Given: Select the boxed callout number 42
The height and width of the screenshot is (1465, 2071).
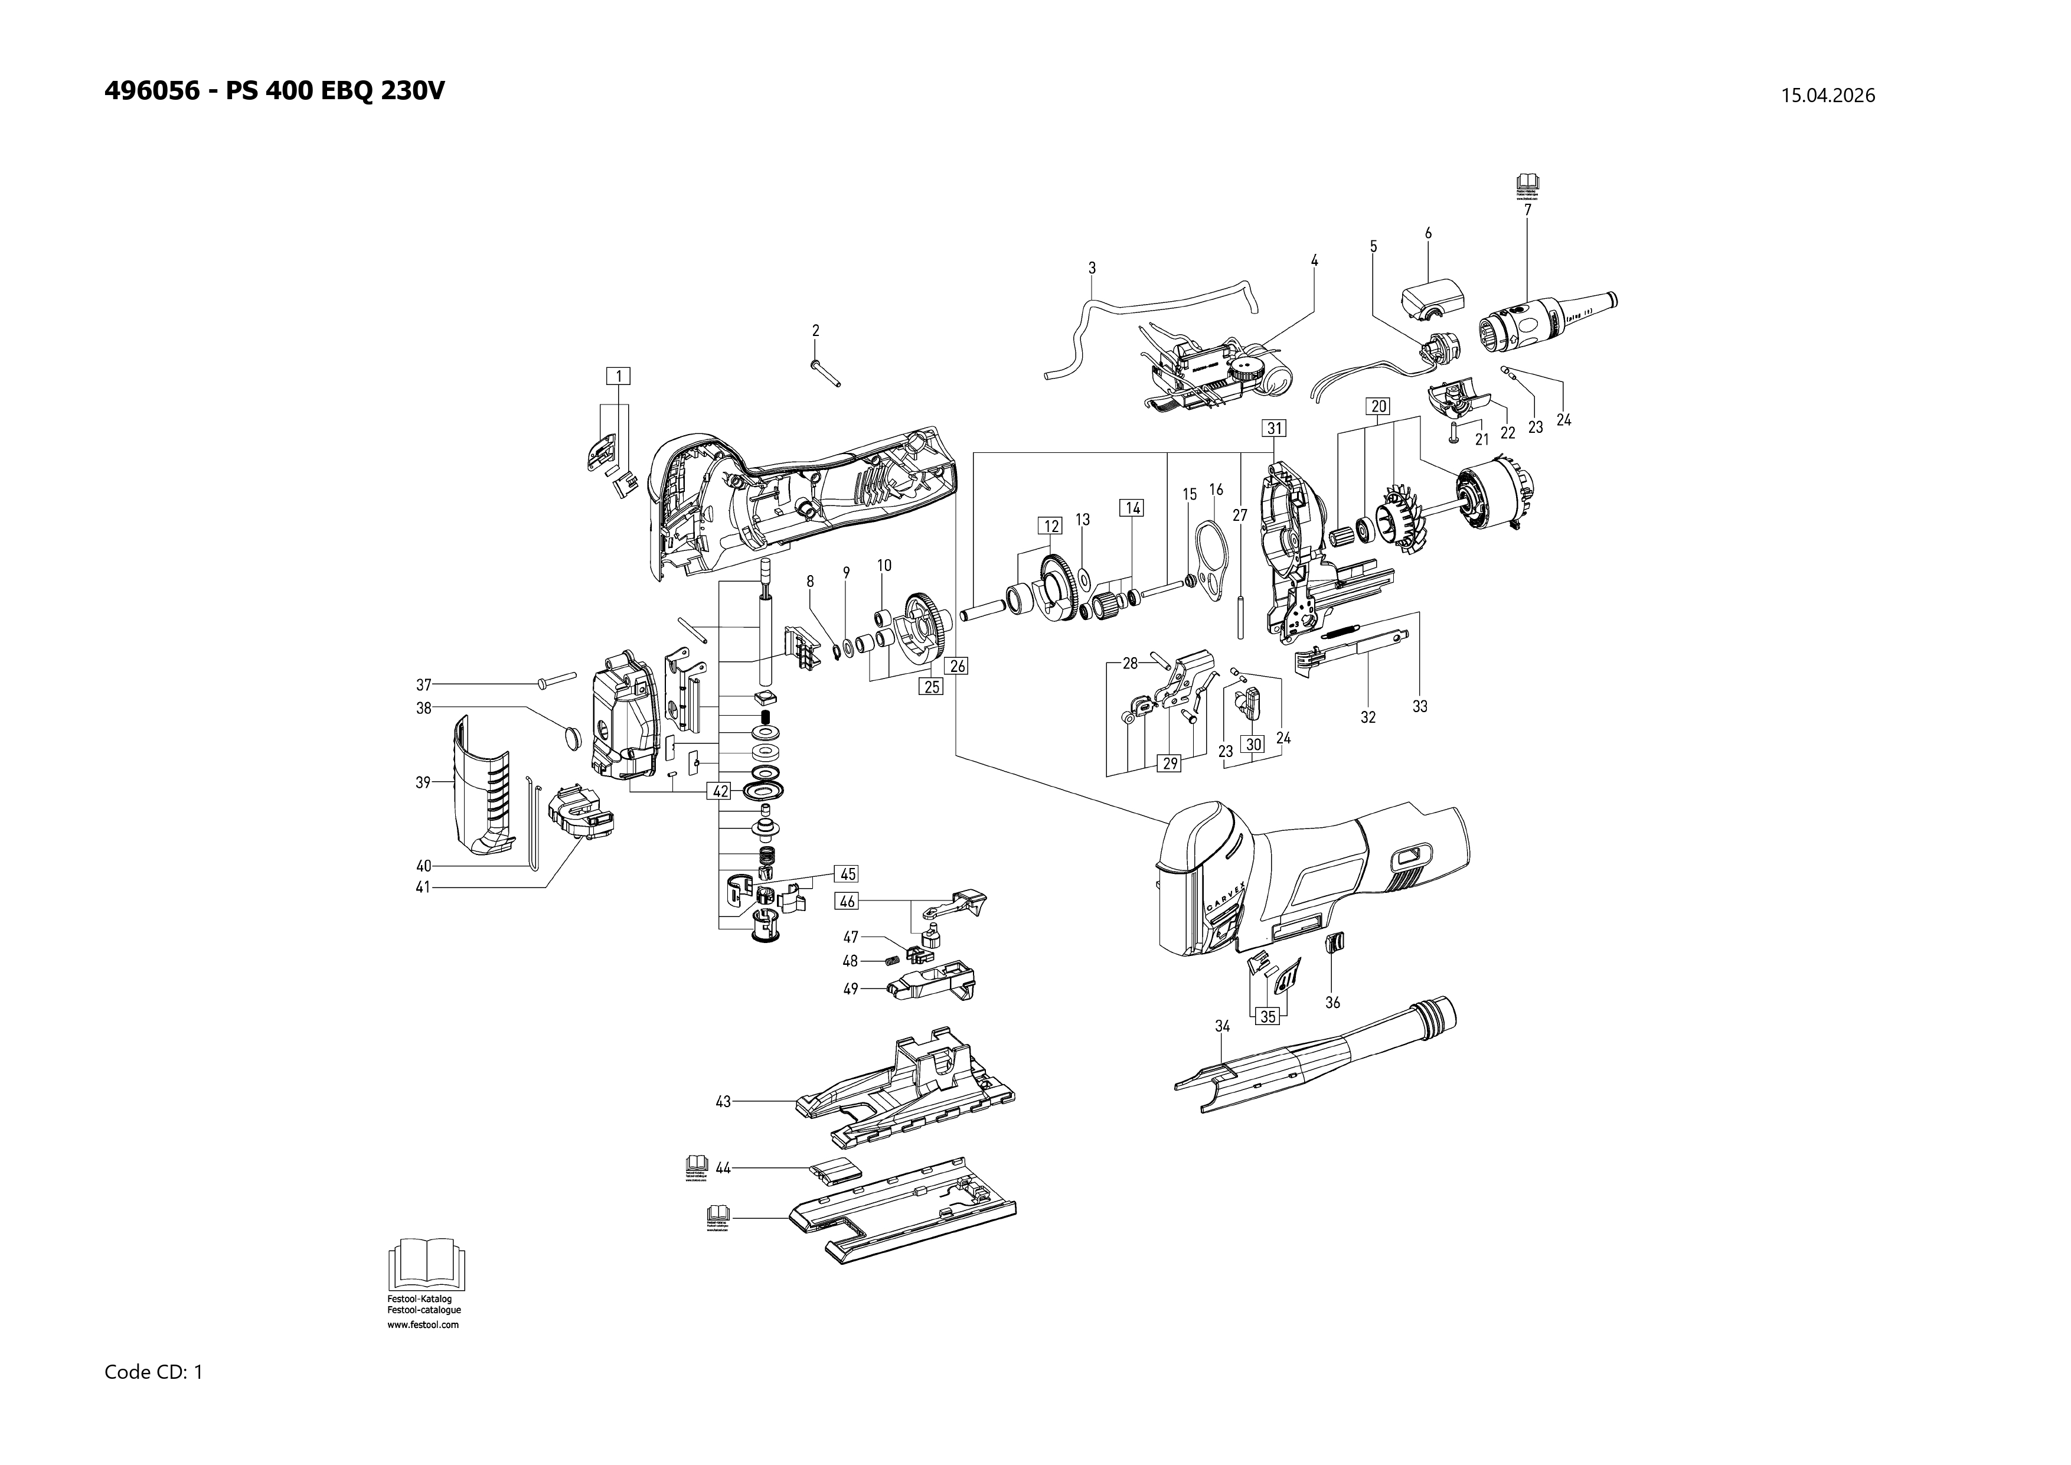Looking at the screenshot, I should (720, 791).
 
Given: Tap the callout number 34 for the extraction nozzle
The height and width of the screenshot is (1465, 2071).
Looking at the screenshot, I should (1222, 1026).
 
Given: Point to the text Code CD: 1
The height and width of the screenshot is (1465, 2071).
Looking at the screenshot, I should (153, 1372).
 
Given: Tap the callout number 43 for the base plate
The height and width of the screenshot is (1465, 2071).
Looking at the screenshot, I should (723, 1101).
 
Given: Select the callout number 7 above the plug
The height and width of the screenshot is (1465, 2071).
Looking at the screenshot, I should (1527, 209).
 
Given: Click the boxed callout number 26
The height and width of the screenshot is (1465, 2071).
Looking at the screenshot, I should (957, 665).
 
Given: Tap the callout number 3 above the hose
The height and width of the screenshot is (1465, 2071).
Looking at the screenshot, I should (1092, 268).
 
